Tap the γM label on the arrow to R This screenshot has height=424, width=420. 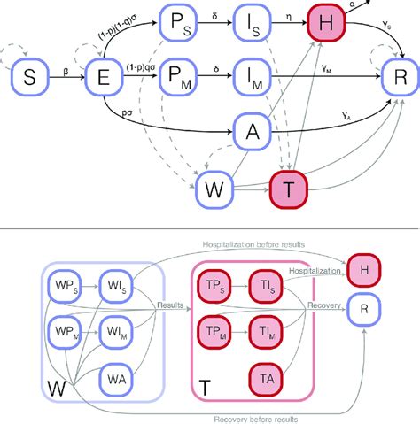click(x=330, y=69)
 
